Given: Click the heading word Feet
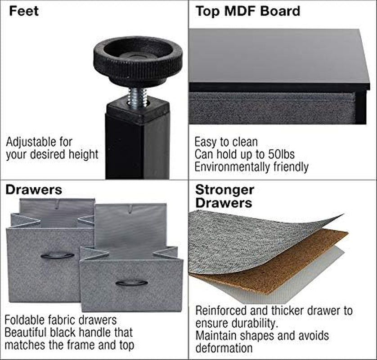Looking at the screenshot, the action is (x=24, y=11).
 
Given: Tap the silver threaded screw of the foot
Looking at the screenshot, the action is (x=137, y=98).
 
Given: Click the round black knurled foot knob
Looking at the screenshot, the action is (x=138, y=61).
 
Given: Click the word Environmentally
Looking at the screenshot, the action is (x=232, y=166).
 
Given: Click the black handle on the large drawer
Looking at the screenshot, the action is (x=57, y=256).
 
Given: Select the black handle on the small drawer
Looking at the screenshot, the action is (x=131, y=283).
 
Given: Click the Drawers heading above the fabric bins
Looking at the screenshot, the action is (x=34, y=190).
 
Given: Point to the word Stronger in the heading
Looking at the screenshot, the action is (x=224, y=190).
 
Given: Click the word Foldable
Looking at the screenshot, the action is (x=25, y=320).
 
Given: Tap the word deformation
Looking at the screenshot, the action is (x=224, y=348).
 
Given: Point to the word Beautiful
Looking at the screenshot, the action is (x=26, y=333).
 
